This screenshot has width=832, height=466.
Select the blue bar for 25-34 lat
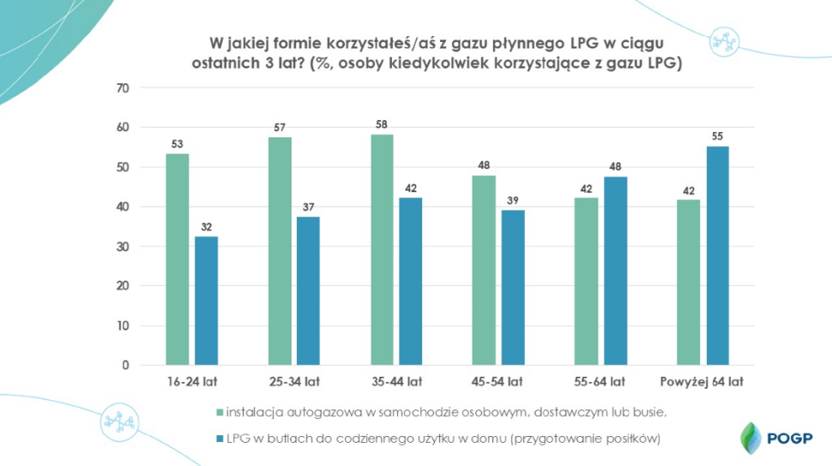[308, 291]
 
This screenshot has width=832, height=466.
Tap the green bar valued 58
[383, 250]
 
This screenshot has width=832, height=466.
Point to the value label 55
[717, 136]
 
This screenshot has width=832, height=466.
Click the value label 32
[206, 227]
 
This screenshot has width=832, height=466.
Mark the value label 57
[280, 127]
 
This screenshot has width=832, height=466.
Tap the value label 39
[514, 201]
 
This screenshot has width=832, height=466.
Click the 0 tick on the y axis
[125, 366]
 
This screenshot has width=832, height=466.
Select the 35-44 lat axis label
[397, 382]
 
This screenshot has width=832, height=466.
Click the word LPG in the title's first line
[586, 42]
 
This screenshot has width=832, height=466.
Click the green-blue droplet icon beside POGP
[750, 436]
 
